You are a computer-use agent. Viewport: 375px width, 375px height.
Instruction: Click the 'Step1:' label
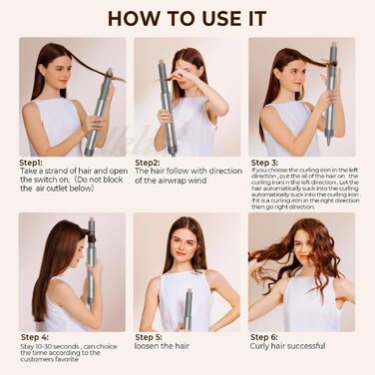(x=36, y=162)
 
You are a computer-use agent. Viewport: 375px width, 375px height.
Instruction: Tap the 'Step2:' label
(x=147, y=162)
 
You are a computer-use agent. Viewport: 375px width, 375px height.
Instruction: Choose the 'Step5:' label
(x=148, y=337)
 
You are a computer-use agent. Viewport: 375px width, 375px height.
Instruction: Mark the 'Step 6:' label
(x=266, y=337)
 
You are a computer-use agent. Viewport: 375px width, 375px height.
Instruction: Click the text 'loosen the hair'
(x=166, y=348)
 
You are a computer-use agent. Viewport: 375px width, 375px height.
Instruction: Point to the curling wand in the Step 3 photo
(x=330, y=95)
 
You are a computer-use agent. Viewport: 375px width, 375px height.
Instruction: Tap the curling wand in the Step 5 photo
(x=187, y=309)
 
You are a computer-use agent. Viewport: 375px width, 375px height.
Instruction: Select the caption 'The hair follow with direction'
(x=188, y=172)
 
